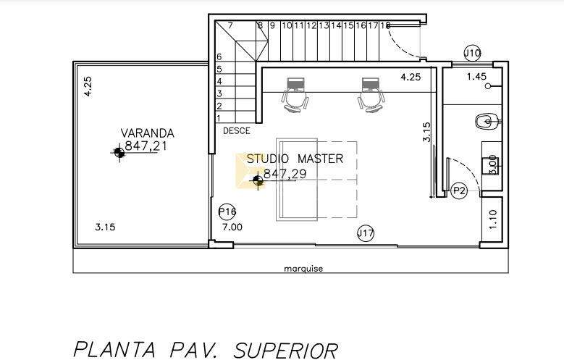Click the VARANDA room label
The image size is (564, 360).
tap(148, 133)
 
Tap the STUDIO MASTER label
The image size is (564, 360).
tap(295, 159)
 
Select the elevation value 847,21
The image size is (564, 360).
tap(140, 146)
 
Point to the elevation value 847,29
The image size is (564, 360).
tap(285, 174)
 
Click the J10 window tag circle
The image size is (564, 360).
tap(472, 54)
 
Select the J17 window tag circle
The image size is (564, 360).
tap(366, 234)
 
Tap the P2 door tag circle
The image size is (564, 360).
tap(459, 190)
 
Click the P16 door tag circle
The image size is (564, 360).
tap(227, 212)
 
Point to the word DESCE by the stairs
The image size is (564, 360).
tap(236, 131)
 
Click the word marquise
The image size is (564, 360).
tap(303, 269)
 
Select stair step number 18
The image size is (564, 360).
tap(385, 25)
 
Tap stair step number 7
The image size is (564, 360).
tap(230, 25)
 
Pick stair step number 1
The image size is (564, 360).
tap(219, 118)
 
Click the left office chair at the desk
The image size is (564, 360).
tap(295, 95)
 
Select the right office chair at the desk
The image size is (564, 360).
tap(371, 95)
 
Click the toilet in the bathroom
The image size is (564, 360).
tap(487, 121)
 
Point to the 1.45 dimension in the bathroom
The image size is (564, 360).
tap(476, 76)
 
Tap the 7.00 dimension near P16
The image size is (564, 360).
tap(232, 227)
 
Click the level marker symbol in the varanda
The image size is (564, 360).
tap(119, 152)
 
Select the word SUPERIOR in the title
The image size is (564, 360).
tap(286, 351)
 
